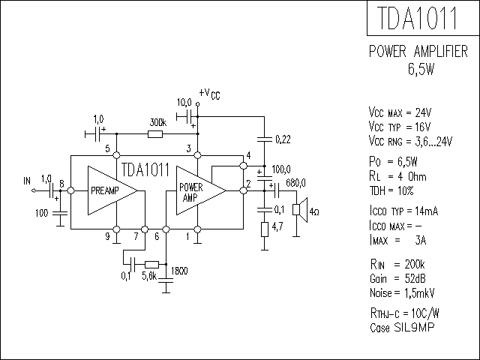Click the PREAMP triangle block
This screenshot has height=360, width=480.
pyautogui.click(x=112, y=190)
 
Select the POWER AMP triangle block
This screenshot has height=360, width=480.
pyautogui.click(x=201, y=190)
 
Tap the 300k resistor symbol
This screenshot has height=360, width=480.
pyautogui.click(x=155, y=134)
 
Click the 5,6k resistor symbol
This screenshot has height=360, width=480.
pyautogui.click(x=151, y=265)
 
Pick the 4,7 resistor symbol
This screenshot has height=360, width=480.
pyautogui.click(x=265, y=229)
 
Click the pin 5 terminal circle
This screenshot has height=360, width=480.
pyautogui.click(x=117, y=155)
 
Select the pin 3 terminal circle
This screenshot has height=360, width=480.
pyautogui.click(x=198, y=155)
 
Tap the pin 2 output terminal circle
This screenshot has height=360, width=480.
pyautogui.click(x=243, y=190)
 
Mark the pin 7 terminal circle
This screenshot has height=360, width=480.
pyautogui.click(x=145, y=229)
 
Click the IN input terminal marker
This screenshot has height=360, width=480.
pyautogui.click(x=34, y=190)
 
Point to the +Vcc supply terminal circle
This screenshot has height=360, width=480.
pyautogui.click(x=198, y=104)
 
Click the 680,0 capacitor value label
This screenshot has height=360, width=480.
pyautogui.click(x=295, y=183)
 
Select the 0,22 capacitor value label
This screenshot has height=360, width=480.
pyautogui.click(x=283, y=139)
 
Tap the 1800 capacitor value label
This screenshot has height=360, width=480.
pyautogui.click(x=179, y=271)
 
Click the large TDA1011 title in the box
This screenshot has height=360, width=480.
pyautogui.click(x=418, y=18)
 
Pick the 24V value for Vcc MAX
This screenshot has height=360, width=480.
pyautogui.click(x=423, y=113)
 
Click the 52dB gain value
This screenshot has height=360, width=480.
pyautogui.click(x=415, y=278)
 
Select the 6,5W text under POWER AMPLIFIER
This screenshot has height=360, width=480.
pyautogui.click(x=421, y=69)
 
